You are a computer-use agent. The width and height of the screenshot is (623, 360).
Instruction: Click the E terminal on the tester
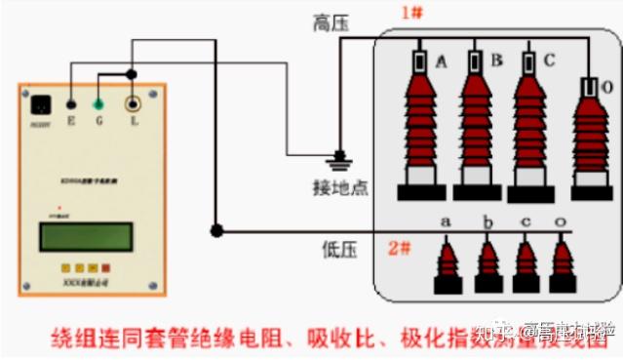click(70, 102)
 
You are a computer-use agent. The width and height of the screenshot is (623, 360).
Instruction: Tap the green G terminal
click(98, 102)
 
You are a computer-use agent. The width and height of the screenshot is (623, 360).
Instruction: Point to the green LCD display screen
click(85, 236)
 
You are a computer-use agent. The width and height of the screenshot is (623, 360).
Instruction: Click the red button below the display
click(105, 267)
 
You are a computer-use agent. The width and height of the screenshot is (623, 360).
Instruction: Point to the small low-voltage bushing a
click(448, 261)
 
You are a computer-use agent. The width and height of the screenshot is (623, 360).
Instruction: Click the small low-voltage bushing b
click(487, 261)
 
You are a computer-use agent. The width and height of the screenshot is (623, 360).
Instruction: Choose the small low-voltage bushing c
click(526, 261)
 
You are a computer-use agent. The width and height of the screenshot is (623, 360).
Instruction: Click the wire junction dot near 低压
click(215, 231)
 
